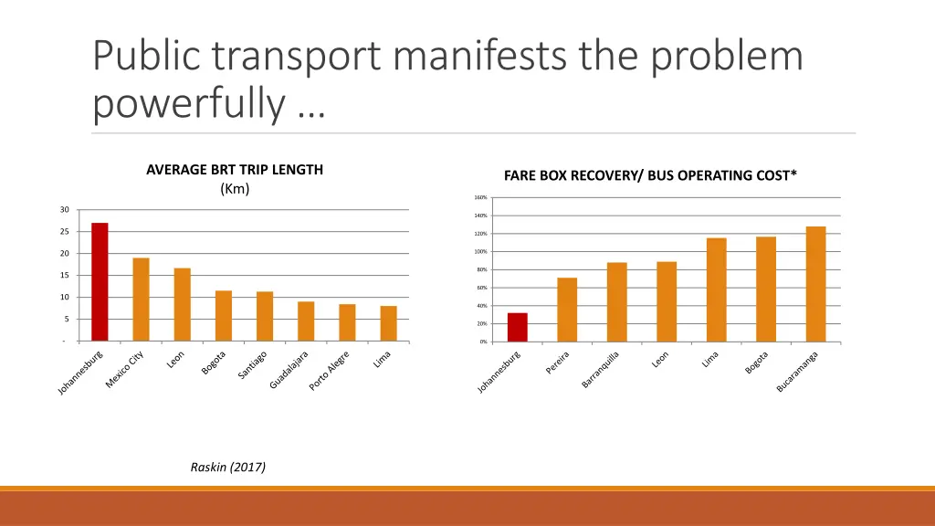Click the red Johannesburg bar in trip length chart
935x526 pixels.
pyautogui.click(x=100, y=282)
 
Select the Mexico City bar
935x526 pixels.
pyautogui.click(x=141, y=300)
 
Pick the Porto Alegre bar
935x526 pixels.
pyautogui.click(x=347, y=323)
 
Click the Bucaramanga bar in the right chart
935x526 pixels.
pyautogui.click(x=815, y=284)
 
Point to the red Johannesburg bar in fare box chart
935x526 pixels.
pyautogui.click(x=518, y=327)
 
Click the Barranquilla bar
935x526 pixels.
pyautogui.click(x=617, y=302)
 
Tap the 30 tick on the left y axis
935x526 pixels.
pyautogui.click(x=64, y=210)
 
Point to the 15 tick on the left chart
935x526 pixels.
pyautogui.click(x=64, y=276)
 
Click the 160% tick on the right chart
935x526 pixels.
pyautogui.click(x=480, y=198)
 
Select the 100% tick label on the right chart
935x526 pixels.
pyautogui.click(x=480, y=252)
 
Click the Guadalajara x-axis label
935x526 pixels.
pyautogui.click(x=289, y=370)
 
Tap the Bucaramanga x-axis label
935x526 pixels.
pyautogui.click(x=797, y=372)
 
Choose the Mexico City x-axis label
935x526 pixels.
pyautogui.click(x=125, y=371)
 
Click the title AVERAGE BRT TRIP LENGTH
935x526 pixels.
pyautogui.click(x=235, y=169)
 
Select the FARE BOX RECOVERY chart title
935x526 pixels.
pyautogui.click(x=650, y=175)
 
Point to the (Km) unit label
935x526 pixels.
pyautogui.click(x=235, y=188)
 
